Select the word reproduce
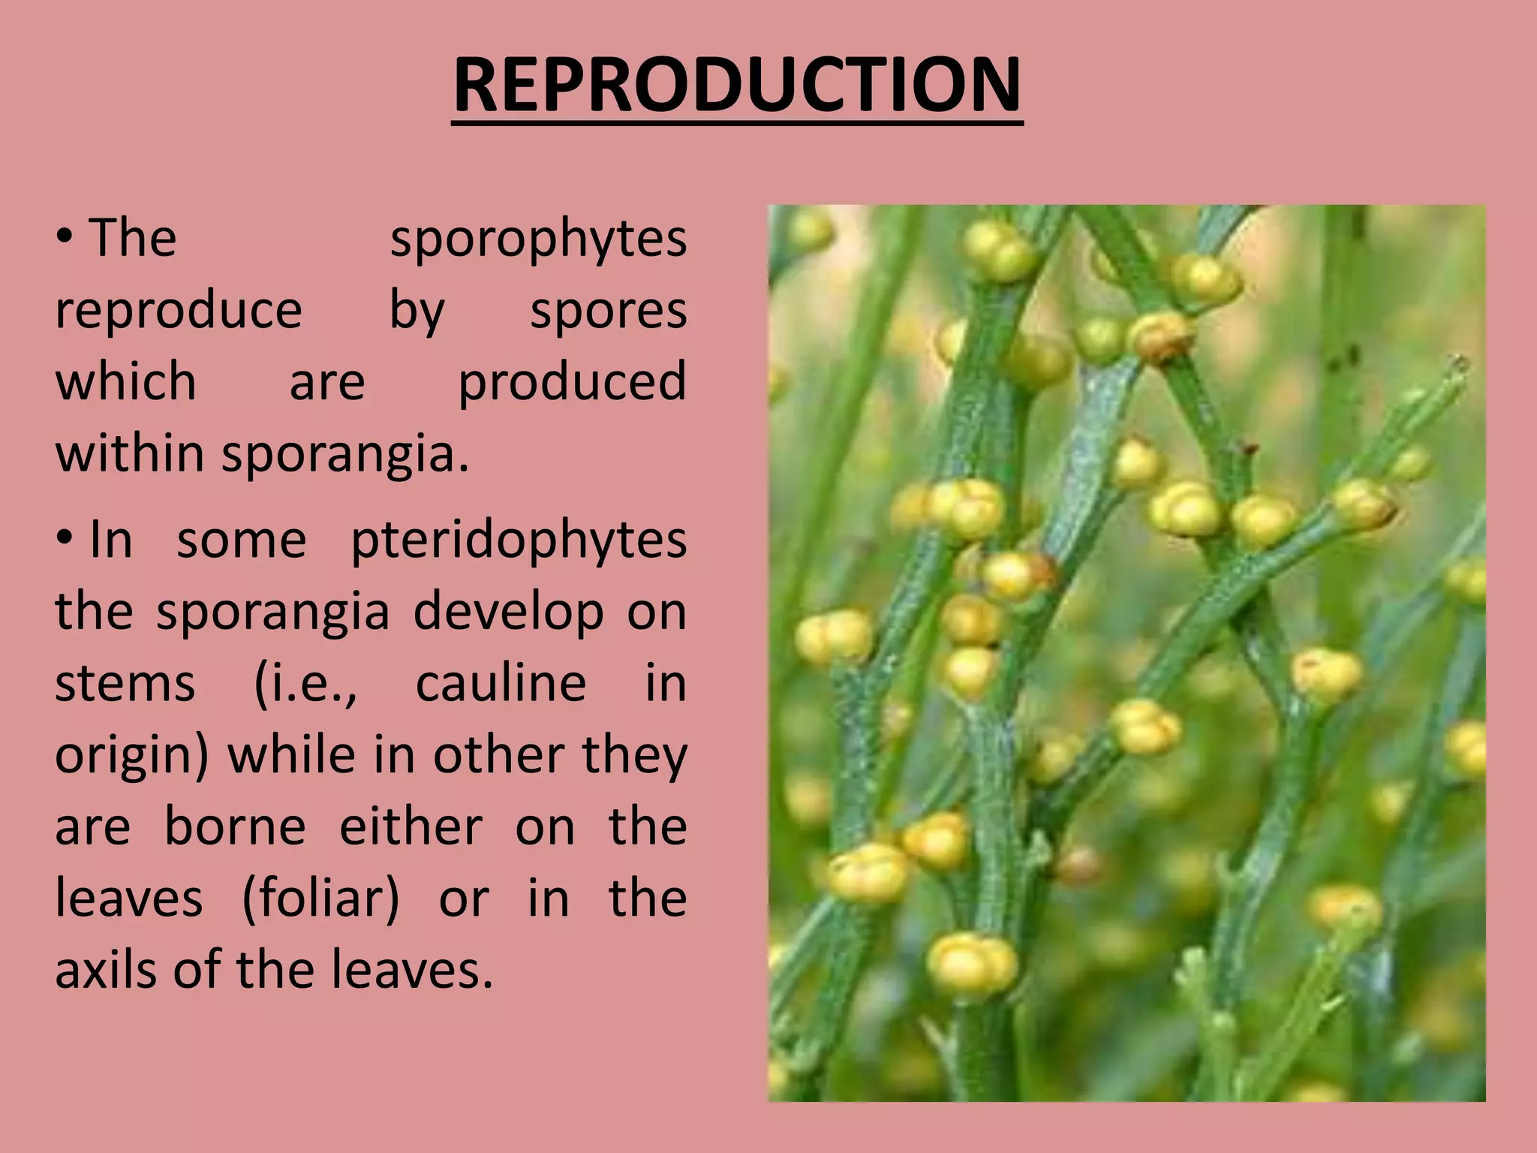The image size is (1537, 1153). click(x=179, y=311)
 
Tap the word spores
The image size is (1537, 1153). click(x=608, y=311)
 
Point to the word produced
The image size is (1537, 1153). click(x=572, y=381)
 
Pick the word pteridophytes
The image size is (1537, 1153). click(x=519, y=540)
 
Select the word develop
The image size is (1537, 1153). click(x=509, y=613)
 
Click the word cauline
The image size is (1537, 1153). click(x=501, y=683)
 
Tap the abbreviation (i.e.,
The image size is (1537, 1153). click(x=306, y=685)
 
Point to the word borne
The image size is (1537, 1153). click(x=235, y=827)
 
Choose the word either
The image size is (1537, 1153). click(x=411, y=827)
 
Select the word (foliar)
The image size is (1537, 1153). click(x=320, y=899)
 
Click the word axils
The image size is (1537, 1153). click(x=107, y=970)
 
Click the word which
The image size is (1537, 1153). click(x=126, y=381)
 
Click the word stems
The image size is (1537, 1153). click(x=125, y=685)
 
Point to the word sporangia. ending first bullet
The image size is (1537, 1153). click(x=345, y=455)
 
